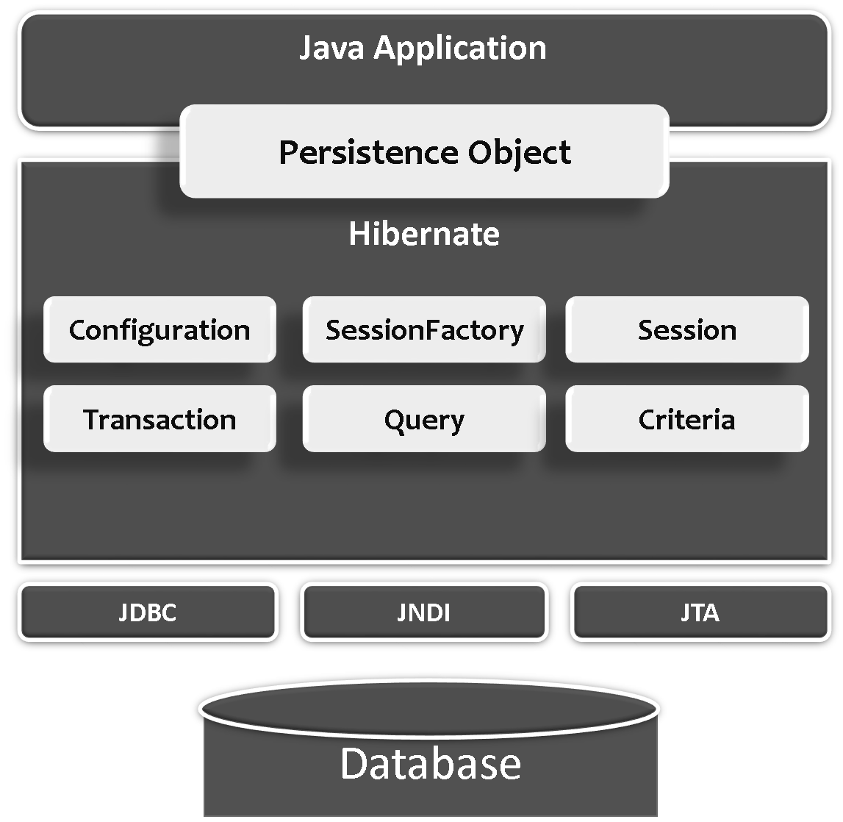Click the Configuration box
159,329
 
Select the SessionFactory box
424,329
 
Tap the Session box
686,329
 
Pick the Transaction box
159,419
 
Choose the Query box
424,419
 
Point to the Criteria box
686,419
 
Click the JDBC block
148,612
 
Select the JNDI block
424,612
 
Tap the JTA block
700,612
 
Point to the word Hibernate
424,234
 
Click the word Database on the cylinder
431,763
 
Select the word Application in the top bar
461,49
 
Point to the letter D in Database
355,763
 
